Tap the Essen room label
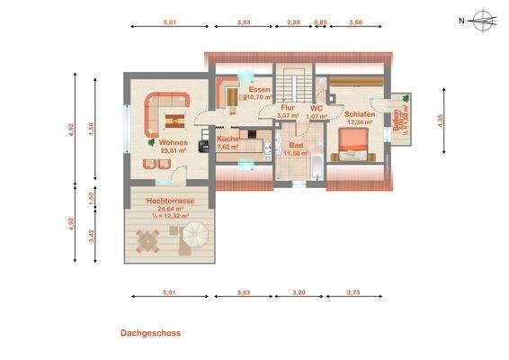point(261,90)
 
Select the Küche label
point(228,139)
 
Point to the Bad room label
point(296,144)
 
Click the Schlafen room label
point(360,114)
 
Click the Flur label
point(288,108)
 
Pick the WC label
point(316,108)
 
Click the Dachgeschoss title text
point(150,333)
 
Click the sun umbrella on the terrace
point(193,238)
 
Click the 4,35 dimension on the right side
point(441,121)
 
